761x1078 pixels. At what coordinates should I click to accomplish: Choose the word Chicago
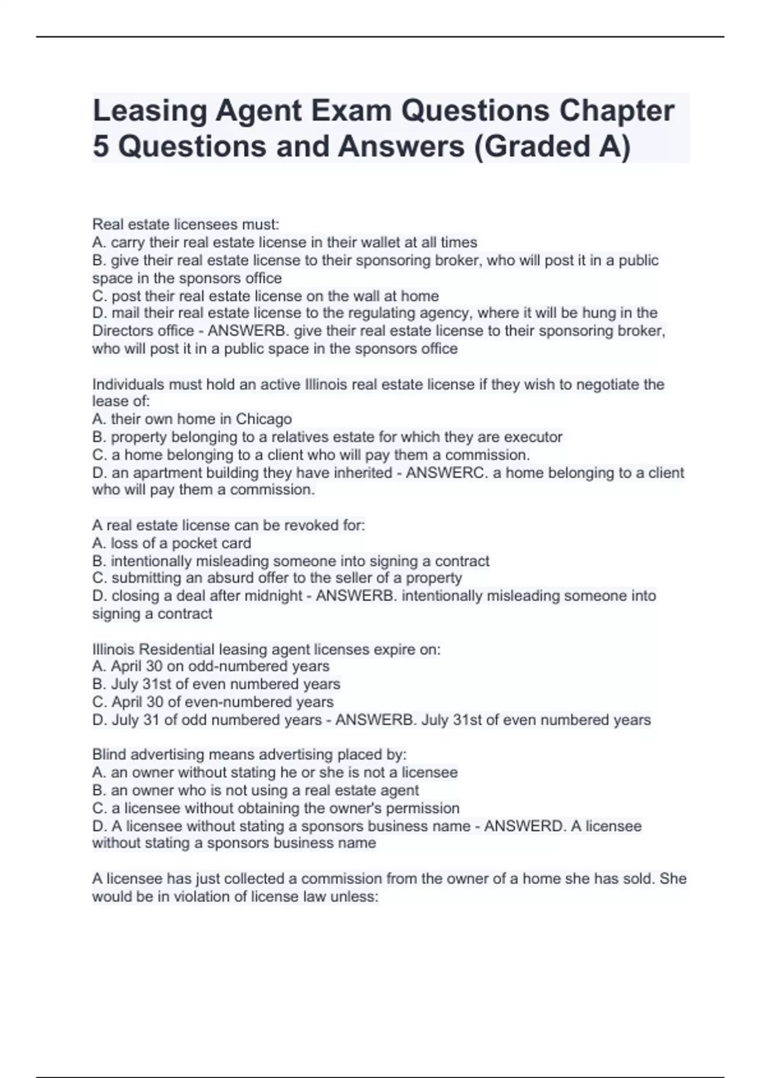pyautogui.click(x=264, y=419)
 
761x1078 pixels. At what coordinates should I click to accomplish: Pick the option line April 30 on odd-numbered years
pyautogui.click(x=211, y=666)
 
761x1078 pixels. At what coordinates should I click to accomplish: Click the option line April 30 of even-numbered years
pyautogui.click(x=212, y=702)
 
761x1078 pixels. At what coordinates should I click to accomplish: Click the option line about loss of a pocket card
pyautogui.click(x=171, y=543)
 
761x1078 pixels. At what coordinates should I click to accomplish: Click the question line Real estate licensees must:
pyautogui.click(x=185, y=224)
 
